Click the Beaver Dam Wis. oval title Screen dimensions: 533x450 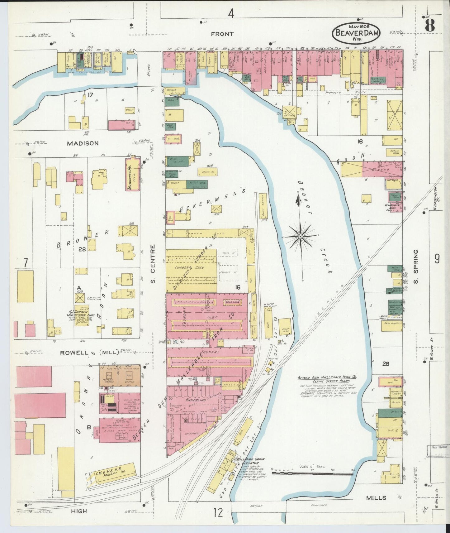[x=355, y=34]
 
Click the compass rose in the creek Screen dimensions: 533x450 [x=300, y=237]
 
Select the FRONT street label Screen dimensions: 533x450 [x=222, y=34]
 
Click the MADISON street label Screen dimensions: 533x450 [x=83, y=143]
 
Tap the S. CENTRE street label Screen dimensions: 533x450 [x=153, y=264]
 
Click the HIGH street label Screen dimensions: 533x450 [x=79, y=511]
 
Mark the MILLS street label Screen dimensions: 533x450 [x=376, y=498]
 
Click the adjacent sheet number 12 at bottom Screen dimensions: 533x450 [x=218, y=512]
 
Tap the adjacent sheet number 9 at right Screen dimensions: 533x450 [x=437, y=259]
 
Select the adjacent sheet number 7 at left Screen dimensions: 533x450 [x=25, y=263]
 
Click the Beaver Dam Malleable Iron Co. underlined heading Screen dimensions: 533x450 [x=327, y=377]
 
